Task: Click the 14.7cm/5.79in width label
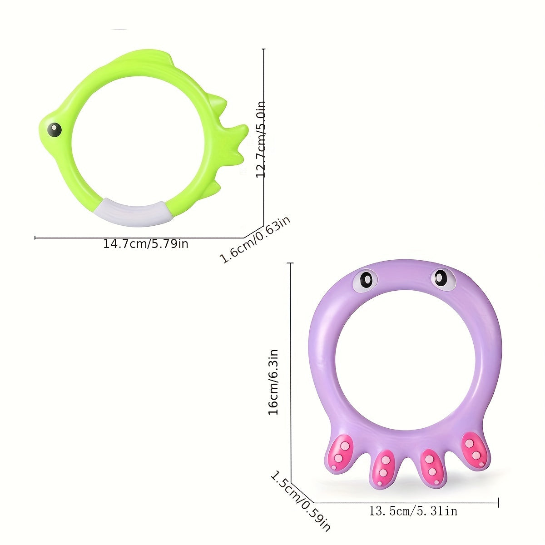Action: [x=146, y=244]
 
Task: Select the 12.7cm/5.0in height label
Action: [x=261, y=139]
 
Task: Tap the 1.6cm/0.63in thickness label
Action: [x=256, y=240]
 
